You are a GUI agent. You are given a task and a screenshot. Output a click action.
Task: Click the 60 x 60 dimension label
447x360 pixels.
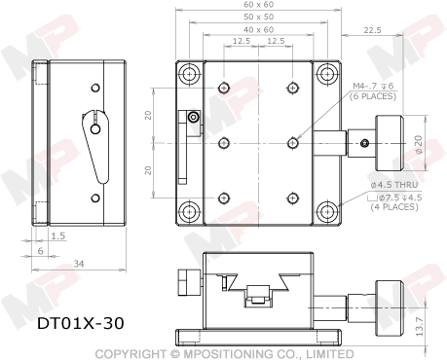pos(258,5)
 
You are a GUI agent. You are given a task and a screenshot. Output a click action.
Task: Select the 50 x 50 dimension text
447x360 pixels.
pos(258,17)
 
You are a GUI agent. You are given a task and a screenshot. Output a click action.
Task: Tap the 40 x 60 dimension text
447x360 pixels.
pos(258,29)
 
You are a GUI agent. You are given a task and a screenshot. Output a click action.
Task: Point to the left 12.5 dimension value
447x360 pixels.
pos(242,42)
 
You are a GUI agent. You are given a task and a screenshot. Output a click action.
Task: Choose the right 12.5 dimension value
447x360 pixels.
pos(276,42)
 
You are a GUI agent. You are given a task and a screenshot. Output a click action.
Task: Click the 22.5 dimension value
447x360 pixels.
pos(372,30)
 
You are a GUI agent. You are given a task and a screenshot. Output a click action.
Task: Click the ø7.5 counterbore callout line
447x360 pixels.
pos(395,198)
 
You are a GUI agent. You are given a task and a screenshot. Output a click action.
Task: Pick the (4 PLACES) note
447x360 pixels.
pos(394,206)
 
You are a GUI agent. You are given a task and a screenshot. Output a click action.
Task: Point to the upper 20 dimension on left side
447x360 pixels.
pos(148,115)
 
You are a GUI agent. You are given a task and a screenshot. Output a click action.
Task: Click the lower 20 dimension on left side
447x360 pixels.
pos(148,170)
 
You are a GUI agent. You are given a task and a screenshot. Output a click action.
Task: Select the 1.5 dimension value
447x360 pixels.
pos(57,235)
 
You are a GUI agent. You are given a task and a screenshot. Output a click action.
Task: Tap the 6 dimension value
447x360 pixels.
pos(40,251)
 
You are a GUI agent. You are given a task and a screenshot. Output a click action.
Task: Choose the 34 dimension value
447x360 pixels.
pos(79,264)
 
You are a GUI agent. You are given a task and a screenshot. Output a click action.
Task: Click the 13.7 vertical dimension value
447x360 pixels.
pos(419,326)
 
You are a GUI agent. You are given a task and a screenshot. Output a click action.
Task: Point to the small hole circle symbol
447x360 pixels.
pos(193,116)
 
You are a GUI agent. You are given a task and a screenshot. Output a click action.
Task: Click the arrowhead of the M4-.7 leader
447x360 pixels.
pos(298,137)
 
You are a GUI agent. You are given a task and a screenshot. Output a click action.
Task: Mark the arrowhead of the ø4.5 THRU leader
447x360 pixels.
pos(337,206)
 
